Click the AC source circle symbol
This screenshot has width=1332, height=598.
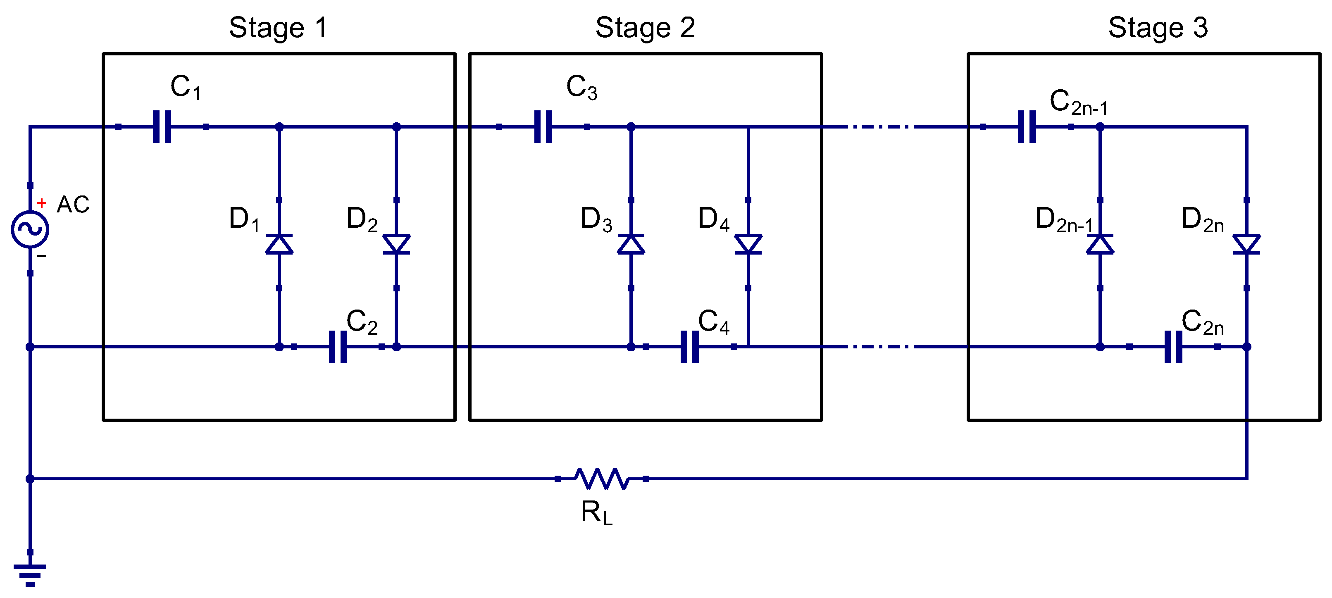tap(30, 229)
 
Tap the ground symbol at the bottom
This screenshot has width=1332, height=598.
tap(30, 574)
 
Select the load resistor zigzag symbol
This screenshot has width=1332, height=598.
tap(602, 479)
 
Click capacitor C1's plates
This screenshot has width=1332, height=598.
tap(162, 126)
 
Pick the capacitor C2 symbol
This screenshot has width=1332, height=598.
tap(338, 347)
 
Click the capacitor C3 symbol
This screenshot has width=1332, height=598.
tap(543, 126)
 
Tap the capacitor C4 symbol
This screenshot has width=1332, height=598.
tap(690, 347)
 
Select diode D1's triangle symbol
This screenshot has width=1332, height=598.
tap(279, 244)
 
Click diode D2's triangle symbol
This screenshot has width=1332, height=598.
tap(397, 244)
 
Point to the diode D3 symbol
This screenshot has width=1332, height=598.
tap(631, 244)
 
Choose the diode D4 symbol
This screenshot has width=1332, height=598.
tap(748, 244)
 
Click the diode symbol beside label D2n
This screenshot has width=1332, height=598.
tap(1247, 244)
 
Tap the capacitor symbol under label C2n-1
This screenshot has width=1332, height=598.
tap(1027, 126)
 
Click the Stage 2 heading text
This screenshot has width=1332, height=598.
tap(645, 28)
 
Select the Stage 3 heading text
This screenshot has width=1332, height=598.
tap(1158, 28)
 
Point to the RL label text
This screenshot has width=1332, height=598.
tap(596, 513)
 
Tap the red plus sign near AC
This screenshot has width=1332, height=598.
tap(42, 203)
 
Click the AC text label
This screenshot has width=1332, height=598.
tap(73, 205)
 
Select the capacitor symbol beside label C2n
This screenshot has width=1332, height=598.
tap(1173, 347)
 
